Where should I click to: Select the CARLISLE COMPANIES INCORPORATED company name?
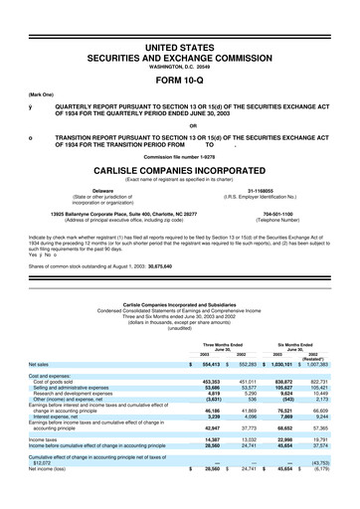pyautogui.click(x=179, y=170)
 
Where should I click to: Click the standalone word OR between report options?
pyautogui.click(x=179, y=124)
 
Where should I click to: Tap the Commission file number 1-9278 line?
pyautogui.click(x=179, y=158)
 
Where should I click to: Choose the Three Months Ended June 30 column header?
pyautogui.click(x=222, y=345)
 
